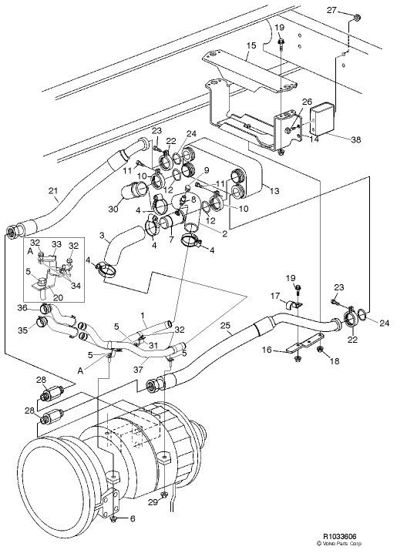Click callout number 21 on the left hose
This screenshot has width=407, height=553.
tap(52, 191)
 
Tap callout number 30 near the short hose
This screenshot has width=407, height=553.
tap(113, 209)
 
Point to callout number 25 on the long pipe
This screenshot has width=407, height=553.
tap(226, 327)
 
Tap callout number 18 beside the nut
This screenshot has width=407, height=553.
tap(335, 360)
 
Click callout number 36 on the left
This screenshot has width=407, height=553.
tap(23, 309)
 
